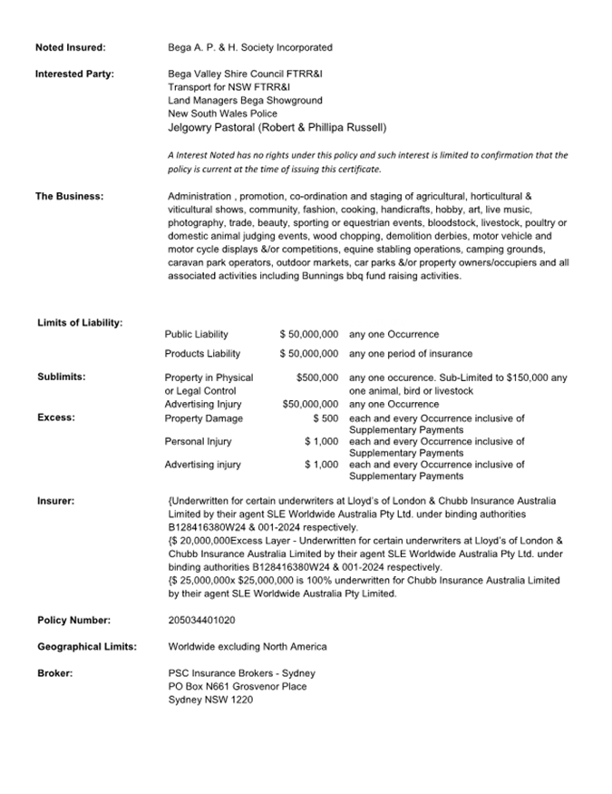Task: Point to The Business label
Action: click(x=69, y=196)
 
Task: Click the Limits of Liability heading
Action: click(x=80, y=323)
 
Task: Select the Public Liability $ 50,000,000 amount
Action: click(x=309, y=335)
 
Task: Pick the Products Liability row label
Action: click(x=202, y=354)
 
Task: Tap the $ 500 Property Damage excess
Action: click(x=325, y=418)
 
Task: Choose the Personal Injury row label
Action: click(x=198, y=442)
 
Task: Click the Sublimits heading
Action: click(x=62, y=377)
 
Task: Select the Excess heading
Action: click(x=56, y=418)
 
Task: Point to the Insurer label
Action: click(x=56, y=501)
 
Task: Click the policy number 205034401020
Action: click(x=201, y=621)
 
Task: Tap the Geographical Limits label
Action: click(x=87, y=647)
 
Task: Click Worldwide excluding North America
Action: click(x=248, y=647)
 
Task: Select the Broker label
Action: click(x=55, y=673)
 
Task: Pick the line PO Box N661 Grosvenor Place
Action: click(x=238, y=687)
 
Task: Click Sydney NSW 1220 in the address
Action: click(x=210, y=701)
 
